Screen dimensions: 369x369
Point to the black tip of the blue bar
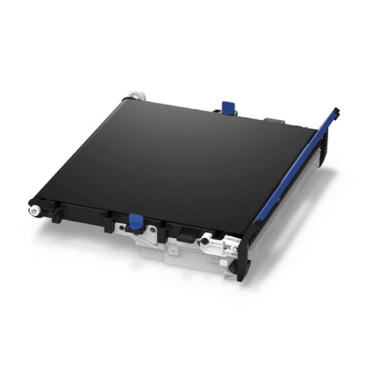[337, 113]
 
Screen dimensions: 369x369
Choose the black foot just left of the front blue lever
[108, 225]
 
